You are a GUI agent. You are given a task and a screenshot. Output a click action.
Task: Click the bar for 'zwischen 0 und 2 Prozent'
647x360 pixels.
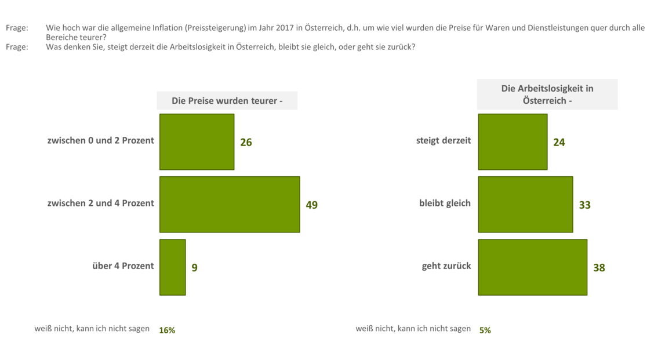[197, 142]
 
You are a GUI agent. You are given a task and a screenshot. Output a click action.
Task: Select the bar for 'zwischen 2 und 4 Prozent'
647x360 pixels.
[230, 205]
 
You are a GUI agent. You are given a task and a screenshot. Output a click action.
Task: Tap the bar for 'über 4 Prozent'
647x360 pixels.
[172, 267]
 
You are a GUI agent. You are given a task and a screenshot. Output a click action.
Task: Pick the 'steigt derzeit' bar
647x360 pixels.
[512, 142]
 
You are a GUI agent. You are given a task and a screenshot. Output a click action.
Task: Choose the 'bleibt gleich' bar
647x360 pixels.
[525, 205]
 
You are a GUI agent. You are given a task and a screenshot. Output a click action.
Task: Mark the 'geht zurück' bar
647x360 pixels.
[532, 267]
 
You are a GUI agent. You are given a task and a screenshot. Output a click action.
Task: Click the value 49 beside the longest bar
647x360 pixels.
[311, 205]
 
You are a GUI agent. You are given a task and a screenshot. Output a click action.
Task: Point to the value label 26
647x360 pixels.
[246, 143]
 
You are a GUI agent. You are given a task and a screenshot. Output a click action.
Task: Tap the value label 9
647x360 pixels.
[194, 268]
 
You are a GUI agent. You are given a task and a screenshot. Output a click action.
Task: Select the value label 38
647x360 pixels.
[599, 268]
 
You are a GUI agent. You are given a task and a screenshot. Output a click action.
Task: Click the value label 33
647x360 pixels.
[584, 205]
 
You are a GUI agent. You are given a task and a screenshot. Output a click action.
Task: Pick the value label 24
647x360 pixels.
[559, 143]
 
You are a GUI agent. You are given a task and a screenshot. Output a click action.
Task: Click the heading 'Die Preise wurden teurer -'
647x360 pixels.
[227, 101]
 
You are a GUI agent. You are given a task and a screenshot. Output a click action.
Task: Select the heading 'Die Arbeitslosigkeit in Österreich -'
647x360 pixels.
[547, 94]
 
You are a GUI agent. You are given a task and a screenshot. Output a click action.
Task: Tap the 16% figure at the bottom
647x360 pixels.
[167, 330]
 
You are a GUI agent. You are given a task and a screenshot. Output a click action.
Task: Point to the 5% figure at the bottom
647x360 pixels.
[485, 330]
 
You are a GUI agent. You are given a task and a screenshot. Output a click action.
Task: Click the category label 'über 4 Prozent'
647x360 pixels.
[123, 266]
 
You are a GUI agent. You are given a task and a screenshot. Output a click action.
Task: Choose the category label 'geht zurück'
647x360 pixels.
[446, 266]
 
